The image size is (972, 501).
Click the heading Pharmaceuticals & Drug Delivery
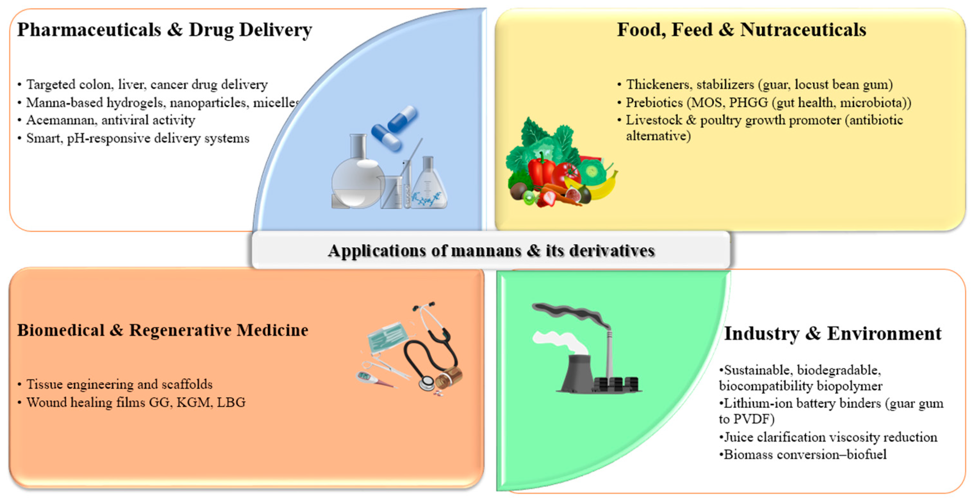165,30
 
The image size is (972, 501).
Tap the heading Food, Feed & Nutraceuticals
741,30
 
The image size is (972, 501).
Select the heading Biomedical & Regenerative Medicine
163,330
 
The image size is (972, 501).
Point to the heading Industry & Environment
833,334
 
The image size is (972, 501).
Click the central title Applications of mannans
491,250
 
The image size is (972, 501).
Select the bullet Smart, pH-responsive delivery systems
134,138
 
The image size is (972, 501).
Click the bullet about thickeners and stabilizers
755,85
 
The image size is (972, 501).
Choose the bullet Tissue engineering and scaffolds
115,384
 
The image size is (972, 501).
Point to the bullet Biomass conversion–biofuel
803,455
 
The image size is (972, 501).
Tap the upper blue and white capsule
403,118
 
